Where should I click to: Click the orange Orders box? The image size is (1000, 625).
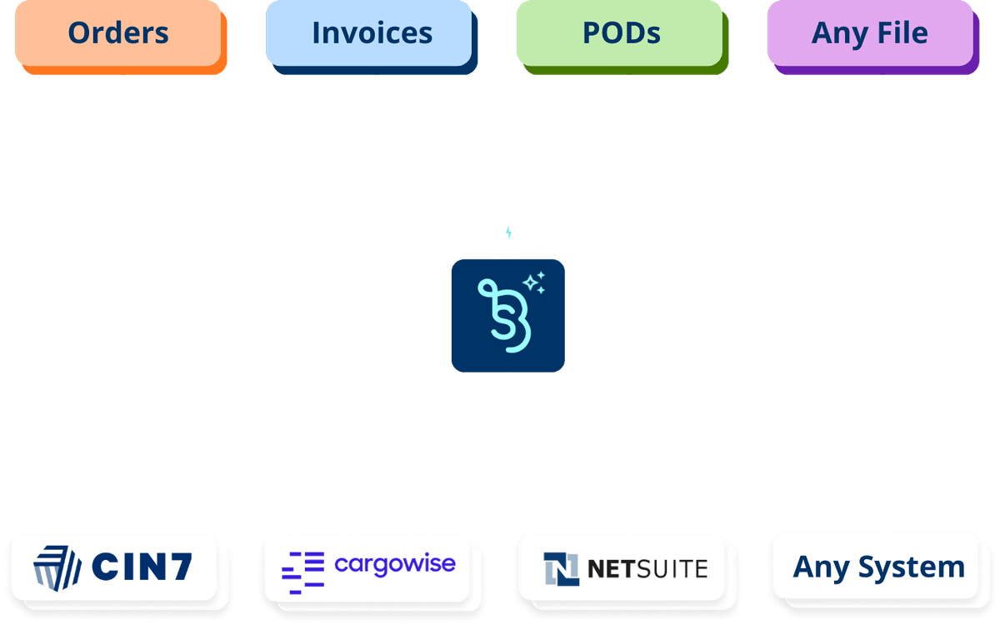[x=118, y=33]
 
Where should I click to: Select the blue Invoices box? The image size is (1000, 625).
[x=372, y=33]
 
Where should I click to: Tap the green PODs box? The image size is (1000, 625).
[x=620, y=33]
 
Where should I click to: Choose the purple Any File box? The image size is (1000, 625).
[x=869, y=33]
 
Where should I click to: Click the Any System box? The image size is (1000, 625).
[x=878, y=567]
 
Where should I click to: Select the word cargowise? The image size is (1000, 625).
[x=395, y=565]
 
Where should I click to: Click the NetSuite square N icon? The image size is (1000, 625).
[x=562, y=569]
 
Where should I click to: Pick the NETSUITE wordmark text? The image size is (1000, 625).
[x=647, y=569]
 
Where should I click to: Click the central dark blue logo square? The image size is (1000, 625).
[x=508, y=315]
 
